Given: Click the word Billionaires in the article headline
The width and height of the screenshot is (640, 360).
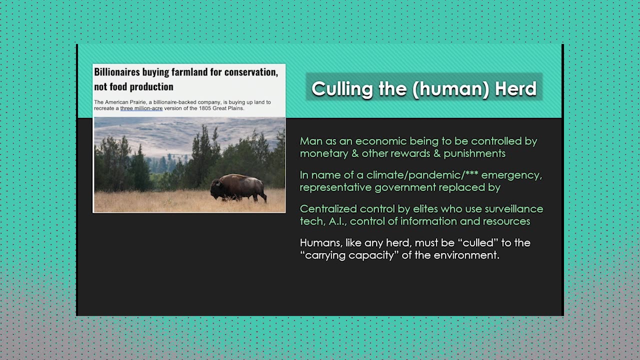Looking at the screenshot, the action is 117,72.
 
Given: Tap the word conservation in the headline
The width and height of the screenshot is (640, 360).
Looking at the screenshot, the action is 251,72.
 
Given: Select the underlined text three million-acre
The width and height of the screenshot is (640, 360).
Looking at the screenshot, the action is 141,108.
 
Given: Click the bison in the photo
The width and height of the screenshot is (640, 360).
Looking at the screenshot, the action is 238,187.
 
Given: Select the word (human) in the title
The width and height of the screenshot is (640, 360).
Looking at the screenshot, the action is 451,89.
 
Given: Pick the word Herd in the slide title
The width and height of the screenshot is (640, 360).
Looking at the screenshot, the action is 515,88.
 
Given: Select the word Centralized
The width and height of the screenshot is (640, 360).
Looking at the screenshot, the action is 328,209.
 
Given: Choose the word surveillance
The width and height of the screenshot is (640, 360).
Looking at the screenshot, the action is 514,209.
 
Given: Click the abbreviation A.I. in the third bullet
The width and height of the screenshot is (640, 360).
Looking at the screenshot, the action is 337,221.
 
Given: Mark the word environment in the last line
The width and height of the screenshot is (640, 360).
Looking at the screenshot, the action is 466,255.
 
